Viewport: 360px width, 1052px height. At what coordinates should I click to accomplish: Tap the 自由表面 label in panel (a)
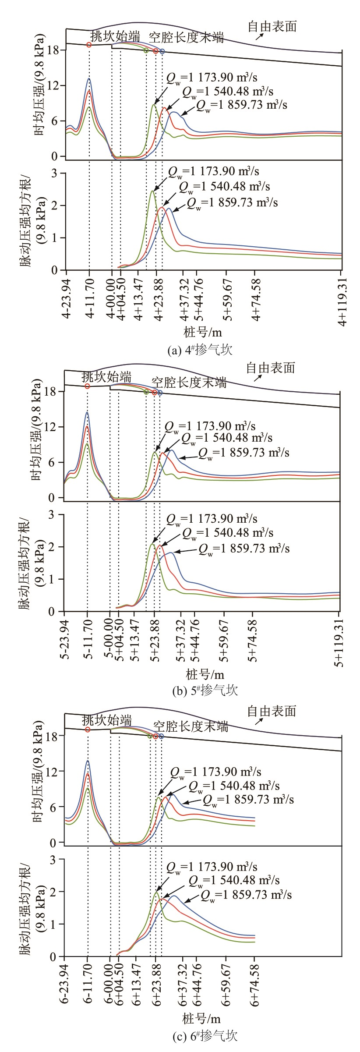coord(272,27)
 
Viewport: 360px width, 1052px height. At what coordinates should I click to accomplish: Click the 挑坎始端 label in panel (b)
coord(106,376)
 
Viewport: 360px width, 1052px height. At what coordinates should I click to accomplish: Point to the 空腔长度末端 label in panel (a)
coord(187,38)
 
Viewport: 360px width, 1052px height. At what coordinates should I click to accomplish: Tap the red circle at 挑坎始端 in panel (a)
coord(89,45)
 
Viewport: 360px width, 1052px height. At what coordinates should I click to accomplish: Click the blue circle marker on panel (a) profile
coord(162,51)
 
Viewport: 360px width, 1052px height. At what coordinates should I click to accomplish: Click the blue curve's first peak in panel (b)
coord(87,412)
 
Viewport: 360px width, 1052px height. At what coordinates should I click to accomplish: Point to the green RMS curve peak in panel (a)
coord(152,191)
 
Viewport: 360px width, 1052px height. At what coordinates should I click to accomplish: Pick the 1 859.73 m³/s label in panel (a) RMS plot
coord(232,203)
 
